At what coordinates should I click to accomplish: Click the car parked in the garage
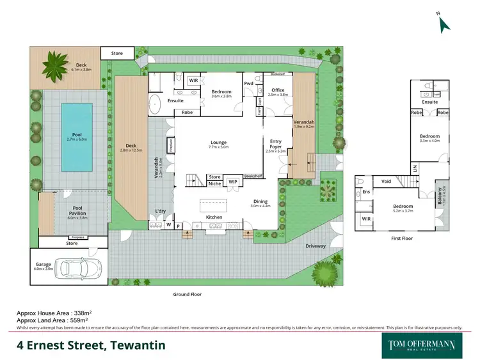point(80,269)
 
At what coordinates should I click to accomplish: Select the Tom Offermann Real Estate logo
point(422,345)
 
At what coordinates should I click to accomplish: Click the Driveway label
point(316,246)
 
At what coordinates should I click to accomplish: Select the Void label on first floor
point(386,182)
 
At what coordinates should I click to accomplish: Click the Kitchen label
point(214,217)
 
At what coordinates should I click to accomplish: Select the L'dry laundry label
point(161,212)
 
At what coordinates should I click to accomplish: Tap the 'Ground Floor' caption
point(188,295)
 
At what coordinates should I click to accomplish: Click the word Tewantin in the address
point(138,345)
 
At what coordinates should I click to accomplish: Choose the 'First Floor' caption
point(402,239)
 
